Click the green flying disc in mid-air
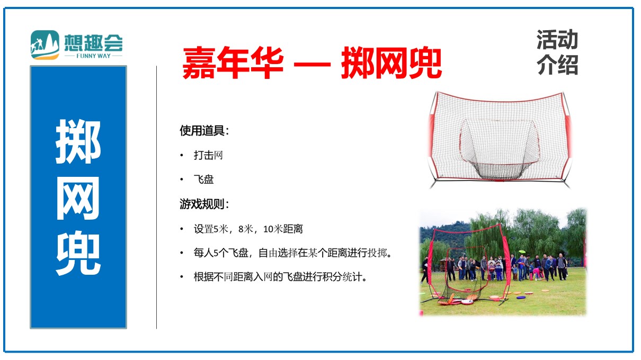pyautogui.click(x=521, y=251)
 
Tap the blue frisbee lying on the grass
pyautogui.click(x=521, y=298)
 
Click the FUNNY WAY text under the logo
pyautogui.click(x=93, y=56)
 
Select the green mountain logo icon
pyautogui.click(x=45, y=45)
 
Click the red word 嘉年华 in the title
pyautogui.click(x=233, y=62)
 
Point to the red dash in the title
pyautogui.click(x=313, y=64)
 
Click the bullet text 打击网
pyautogui.click(x=208, y=155)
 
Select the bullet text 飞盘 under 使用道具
pyautogui.click(x=203, y=179)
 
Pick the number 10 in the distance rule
pyautogui.click(x=268, y=229)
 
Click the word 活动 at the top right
pyautogui.click(x=557, y=40)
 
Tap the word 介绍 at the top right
pyautogui.click(x=557, y=65)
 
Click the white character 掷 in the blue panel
pyautogui.click(x=78, y=141)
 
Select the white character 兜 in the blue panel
pyautogui.click(x=78, y=254)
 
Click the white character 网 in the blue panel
pyautogui.click(x=78, y=198)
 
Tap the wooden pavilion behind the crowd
pyautogui.click(x=444, y=265)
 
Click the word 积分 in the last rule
pyautogui.click(x=332, y=277)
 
